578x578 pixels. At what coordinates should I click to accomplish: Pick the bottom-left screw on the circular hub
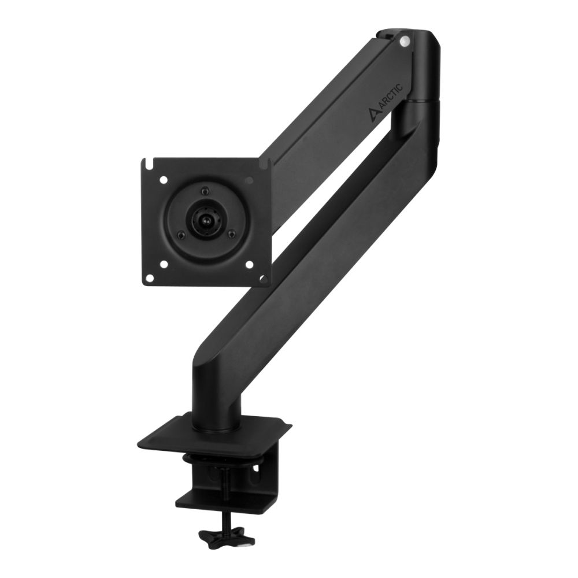coord(181,234)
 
